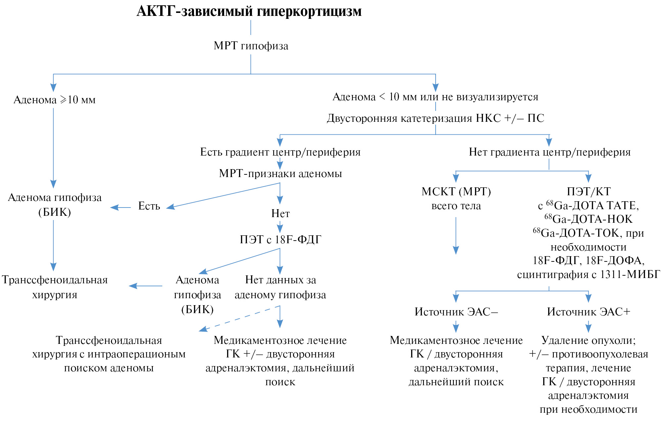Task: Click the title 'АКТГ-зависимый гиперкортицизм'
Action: [x=249, y=11]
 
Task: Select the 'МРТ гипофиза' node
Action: [x=251, y=46]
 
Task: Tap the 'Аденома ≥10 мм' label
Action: [x=55, y=100]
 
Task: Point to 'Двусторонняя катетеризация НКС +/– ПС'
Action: [x=435, y=118]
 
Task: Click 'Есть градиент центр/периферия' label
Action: [x=280, y=152]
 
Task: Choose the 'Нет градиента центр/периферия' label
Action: [x=549, y=152]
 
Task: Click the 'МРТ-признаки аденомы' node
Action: [x=280, y=173]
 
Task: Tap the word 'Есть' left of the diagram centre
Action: [x=149, y=206]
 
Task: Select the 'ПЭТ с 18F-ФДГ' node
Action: [x=280, y=239]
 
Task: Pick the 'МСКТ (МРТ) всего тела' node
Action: [x=456, y=199]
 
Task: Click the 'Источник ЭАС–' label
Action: [x=456, y=312]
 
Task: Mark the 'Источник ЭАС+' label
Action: [x=589, y=312]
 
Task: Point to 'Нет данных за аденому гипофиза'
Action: [x=280, y=287]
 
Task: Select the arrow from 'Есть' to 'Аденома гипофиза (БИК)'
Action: [x=120, y=208]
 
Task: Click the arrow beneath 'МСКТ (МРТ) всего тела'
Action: [x=456, y=235]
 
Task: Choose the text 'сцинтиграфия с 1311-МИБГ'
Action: [x=589, y=274]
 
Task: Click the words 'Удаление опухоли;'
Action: [x=589, y=340]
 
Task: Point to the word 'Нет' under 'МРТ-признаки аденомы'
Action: [x=280, y=213]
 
